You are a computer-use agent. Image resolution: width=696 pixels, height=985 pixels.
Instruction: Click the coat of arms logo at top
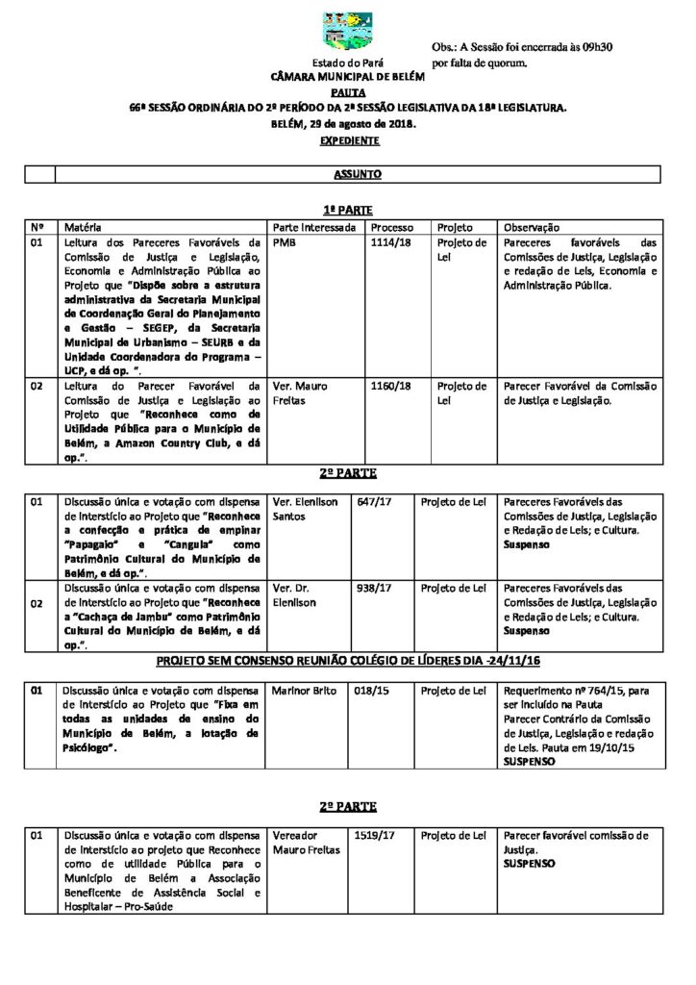(347, 31)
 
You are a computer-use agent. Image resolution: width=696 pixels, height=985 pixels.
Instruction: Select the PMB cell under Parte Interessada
(285, 243)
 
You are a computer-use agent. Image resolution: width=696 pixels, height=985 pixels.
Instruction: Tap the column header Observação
(532, 227)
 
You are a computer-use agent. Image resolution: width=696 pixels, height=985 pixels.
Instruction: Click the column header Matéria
(83, 227)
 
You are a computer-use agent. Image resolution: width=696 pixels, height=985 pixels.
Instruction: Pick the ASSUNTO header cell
(358, 174)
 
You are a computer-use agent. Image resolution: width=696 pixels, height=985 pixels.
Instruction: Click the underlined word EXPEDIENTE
(349, 141)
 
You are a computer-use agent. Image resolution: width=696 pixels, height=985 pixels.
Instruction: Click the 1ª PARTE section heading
(348, 211)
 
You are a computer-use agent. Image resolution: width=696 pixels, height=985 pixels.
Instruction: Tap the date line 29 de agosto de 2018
(348, 124)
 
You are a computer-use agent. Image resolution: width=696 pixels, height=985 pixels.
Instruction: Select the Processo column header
(392, 227)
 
